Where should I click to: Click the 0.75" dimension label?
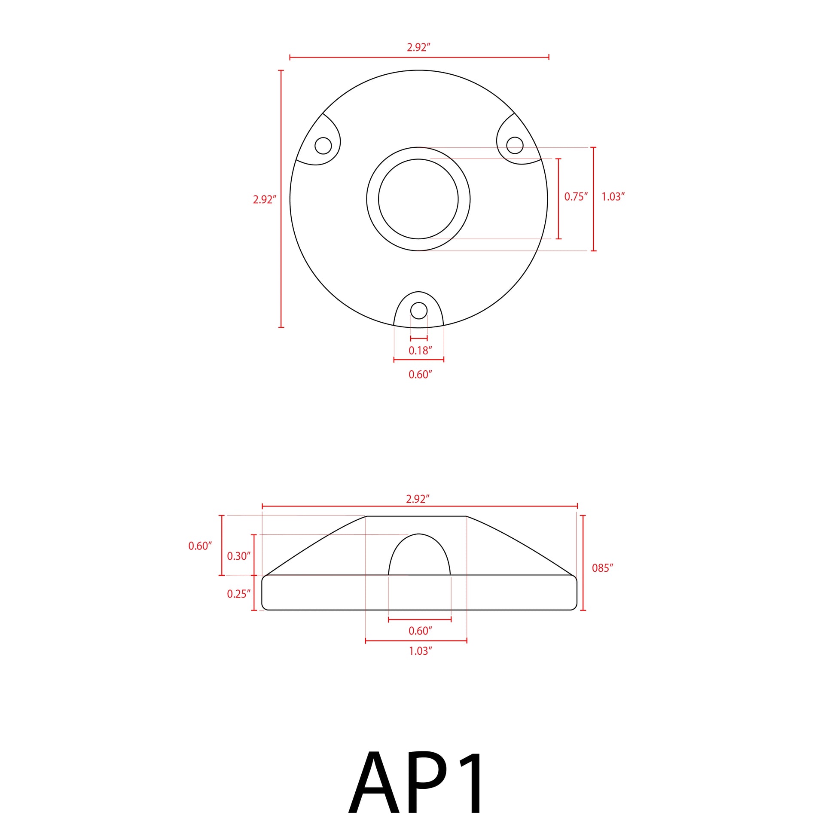pos(576,197)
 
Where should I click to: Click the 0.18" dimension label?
pos(420,351)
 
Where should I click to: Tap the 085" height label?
pos(602,568)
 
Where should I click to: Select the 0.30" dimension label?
pos(238,556)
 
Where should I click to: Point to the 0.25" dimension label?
pos(238,594)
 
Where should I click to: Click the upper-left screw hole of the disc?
pos(323,145)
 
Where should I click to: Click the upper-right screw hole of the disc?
pos(515,145)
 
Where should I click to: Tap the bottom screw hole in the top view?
pos(418,311)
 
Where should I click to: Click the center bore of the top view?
pos(418,199)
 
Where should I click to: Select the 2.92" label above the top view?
pos(418,48)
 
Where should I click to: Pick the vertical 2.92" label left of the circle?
pos(264,199)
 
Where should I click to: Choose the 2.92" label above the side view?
pos(418,499)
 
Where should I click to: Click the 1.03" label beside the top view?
pos(613,197)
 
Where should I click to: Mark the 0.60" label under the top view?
pos(420,375)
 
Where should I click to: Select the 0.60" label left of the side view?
pos(200,546)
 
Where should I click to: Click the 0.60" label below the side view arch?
pos(420,631)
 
